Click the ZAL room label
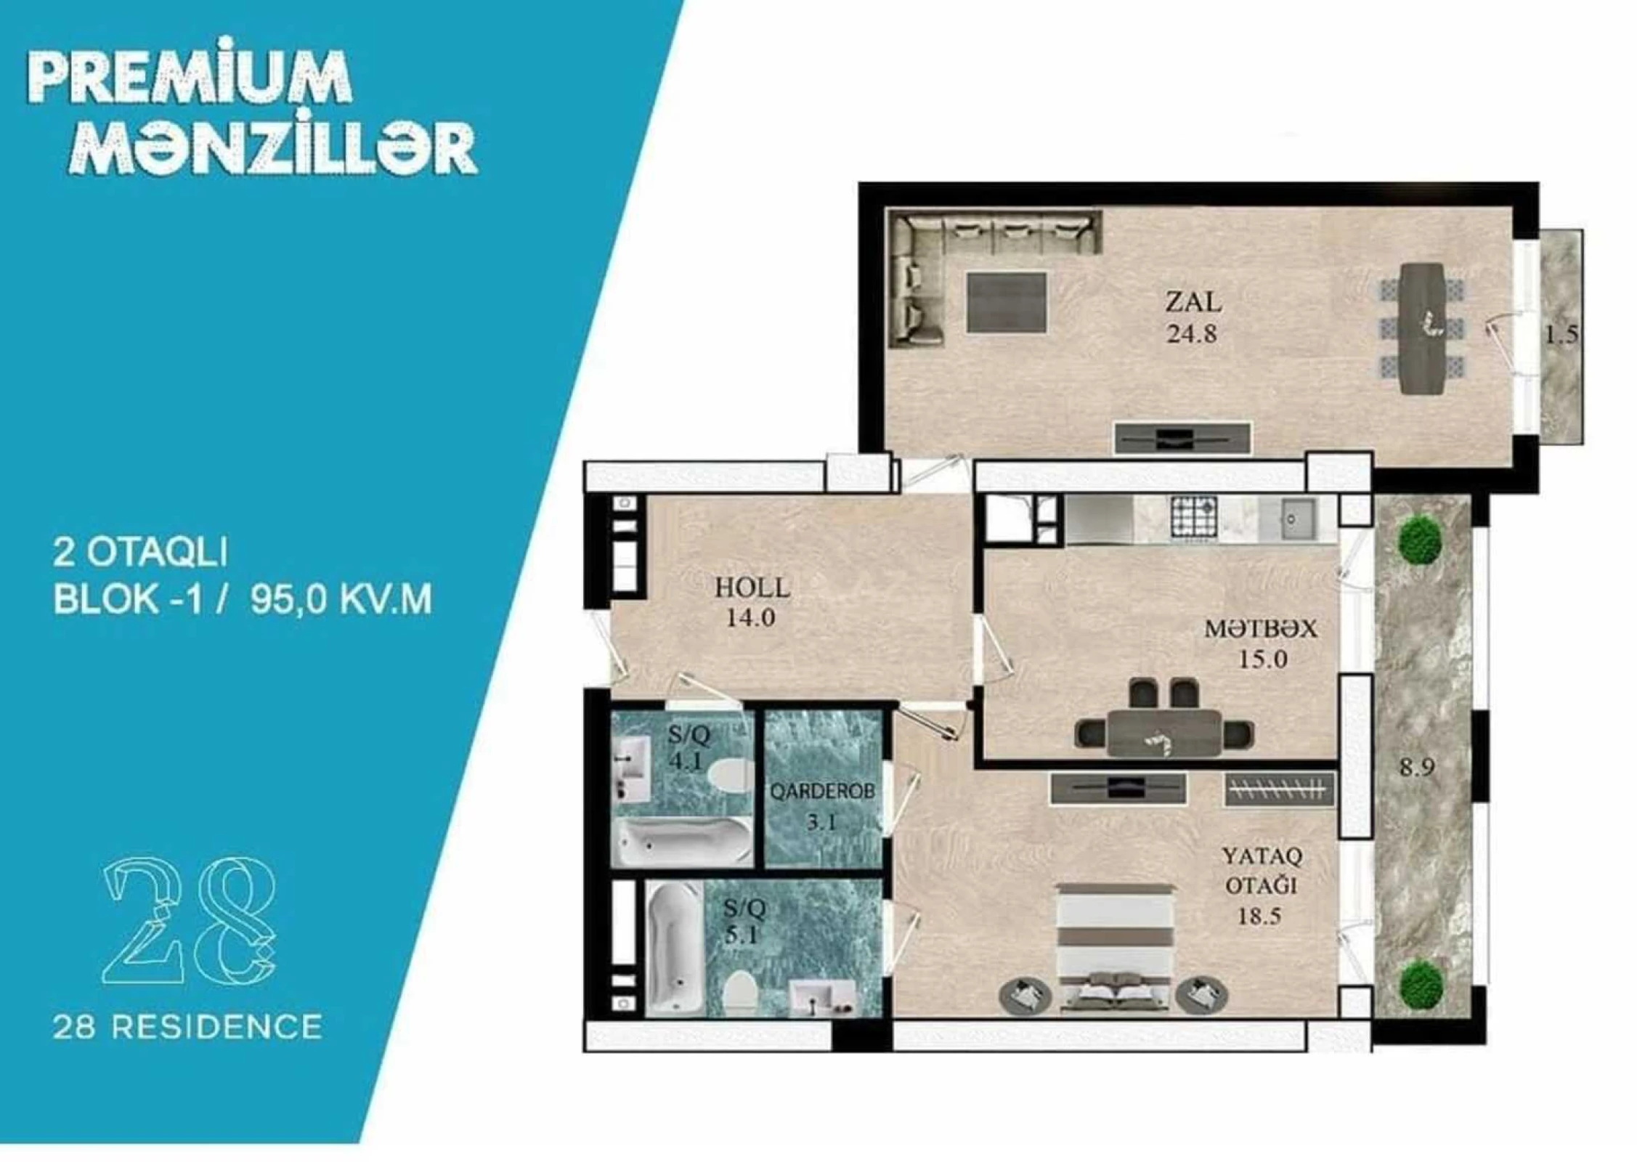[x=1193, y=301]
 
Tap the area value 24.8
[x=1192, y=334]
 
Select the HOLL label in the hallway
[x=752, y=588]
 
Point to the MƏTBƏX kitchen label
[x=1260, y=629]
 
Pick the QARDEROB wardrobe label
[x=822, y=792]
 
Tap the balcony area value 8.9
[x=1417, y=768]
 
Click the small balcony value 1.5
[x=1561, y=335]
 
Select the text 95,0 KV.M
[x=341, y=601]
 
